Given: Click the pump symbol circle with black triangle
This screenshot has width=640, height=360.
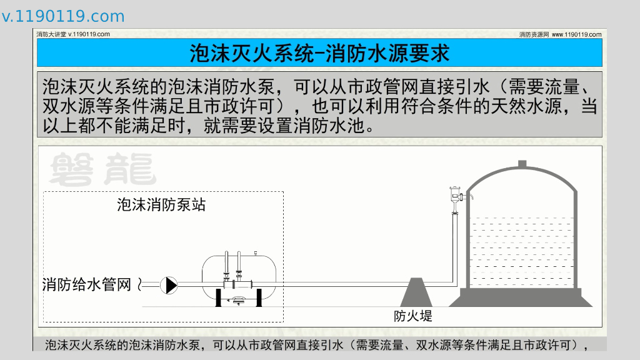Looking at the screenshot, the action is [x=169, y=285].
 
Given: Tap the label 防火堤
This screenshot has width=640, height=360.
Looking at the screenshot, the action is [x=413, y=316].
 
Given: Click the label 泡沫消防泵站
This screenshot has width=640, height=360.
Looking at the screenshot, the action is [x=161, y=204].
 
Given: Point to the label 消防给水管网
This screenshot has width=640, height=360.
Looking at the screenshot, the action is [x=86, y=285].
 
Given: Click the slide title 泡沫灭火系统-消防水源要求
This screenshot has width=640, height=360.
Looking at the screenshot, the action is [x=319, y=53].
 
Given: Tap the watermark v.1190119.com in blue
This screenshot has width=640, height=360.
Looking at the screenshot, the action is [x=63, y=16].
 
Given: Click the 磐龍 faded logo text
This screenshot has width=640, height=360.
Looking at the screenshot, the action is [x=103, y=167].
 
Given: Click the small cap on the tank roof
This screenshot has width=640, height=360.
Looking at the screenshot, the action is [x=522, y=164].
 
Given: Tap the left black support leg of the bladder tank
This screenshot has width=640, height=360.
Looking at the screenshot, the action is [x=219, y=297].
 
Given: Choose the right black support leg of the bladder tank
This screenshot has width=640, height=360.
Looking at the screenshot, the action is [x=259, y=297].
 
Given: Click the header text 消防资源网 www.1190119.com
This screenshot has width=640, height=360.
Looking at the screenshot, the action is [x=560, y=34].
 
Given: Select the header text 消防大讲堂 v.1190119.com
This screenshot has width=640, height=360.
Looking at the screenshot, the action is [x=73, y=34].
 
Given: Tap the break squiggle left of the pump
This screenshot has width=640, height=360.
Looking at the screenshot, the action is [x=140, y=285].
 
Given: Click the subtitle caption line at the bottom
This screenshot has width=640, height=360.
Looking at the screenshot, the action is [x=317, y=344].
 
